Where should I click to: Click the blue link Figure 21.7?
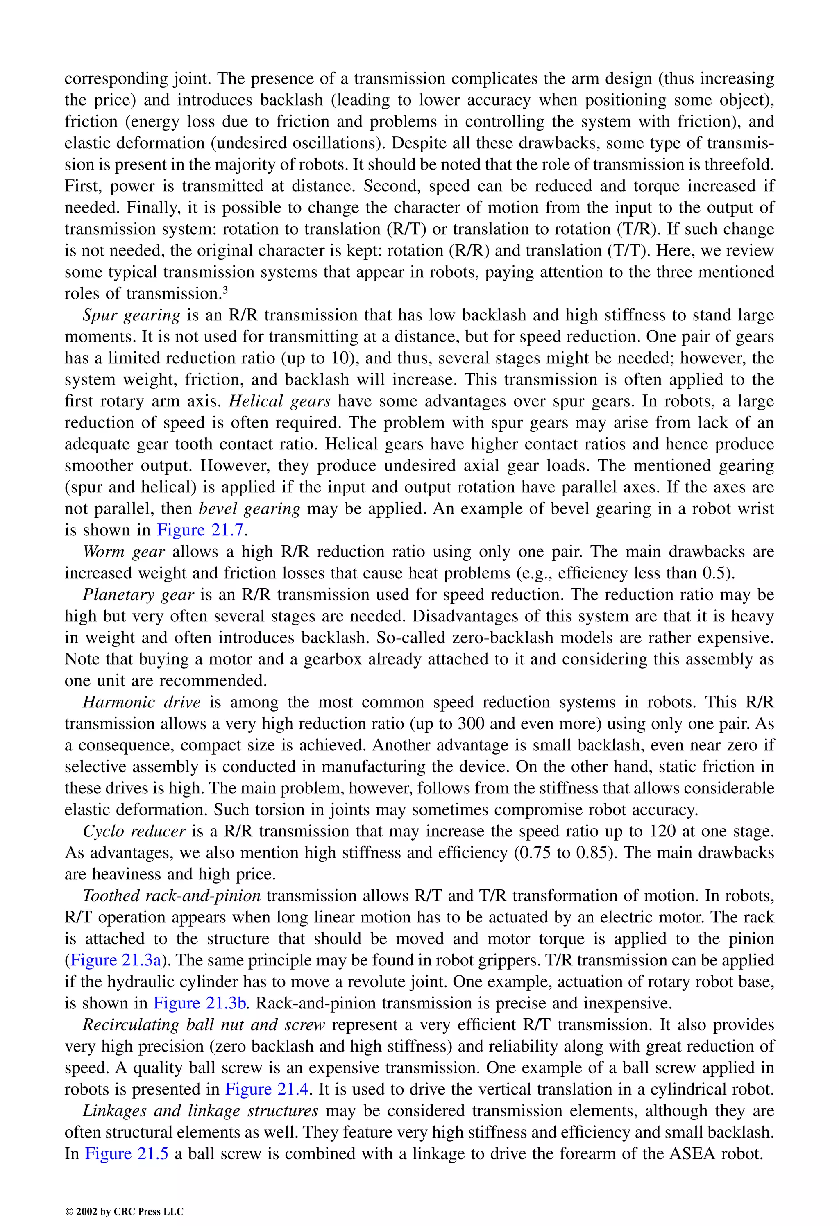[200, 530]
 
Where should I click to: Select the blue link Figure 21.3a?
[116, 960]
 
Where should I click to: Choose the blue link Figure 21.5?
[127, 1154]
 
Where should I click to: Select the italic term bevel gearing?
[249, 509]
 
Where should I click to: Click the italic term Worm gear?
[124, 552]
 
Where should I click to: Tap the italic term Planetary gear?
[138, 595]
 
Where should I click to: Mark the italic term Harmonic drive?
[141, 703]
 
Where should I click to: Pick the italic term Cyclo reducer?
[134, 832]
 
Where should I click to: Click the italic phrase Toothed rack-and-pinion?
[172, 896]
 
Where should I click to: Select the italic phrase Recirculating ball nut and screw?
[204, 1024]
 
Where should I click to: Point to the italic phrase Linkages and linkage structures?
[200, 1110]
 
